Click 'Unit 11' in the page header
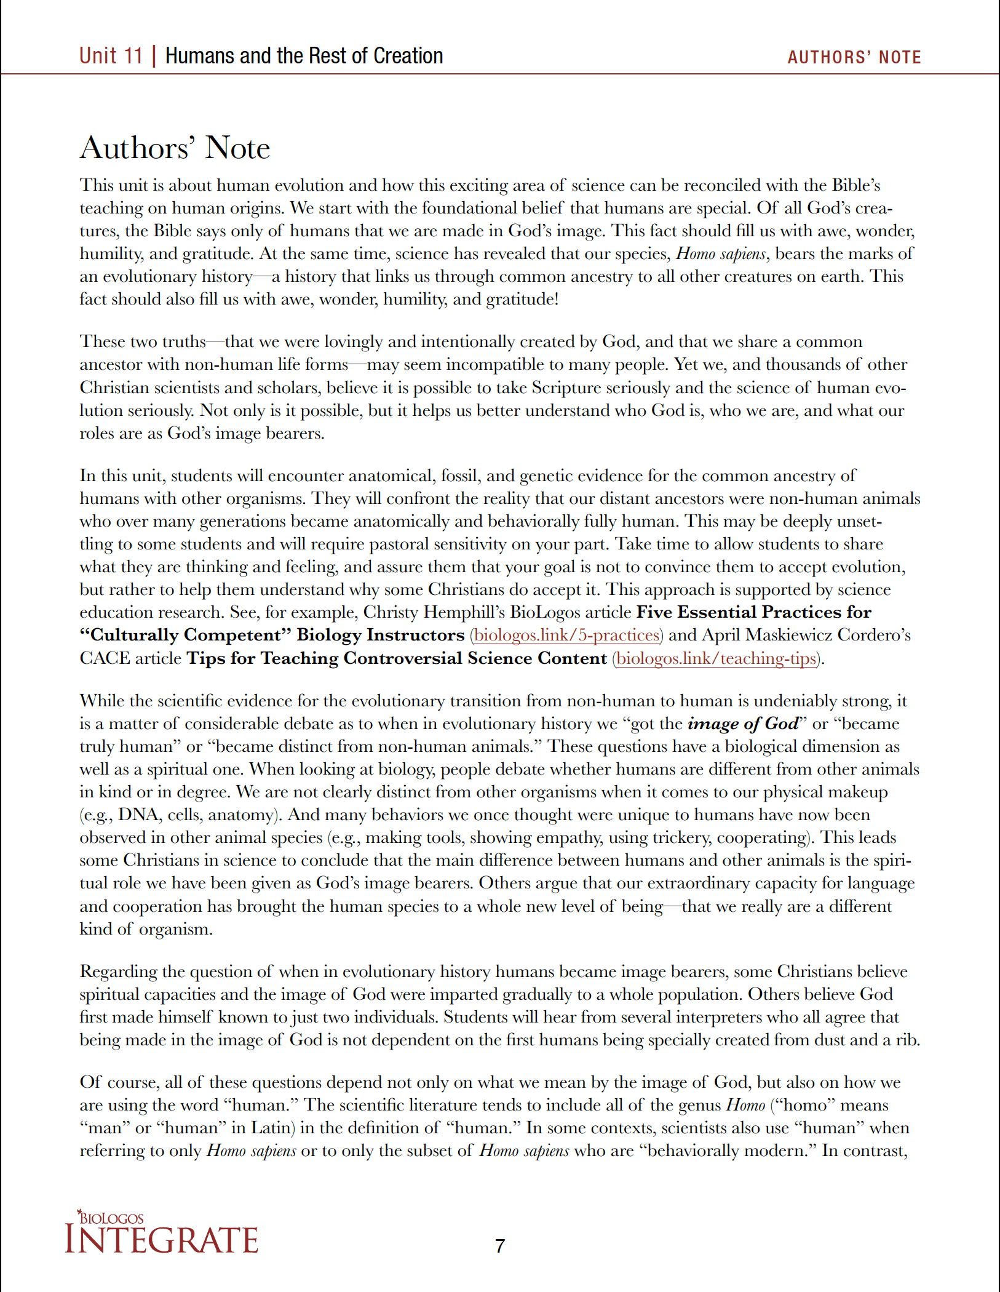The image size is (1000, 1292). [x=111, y=56]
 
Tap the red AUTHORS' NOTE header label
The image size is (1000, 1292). [x=854, y=57]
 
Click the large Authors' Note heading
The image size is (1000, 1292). [x=175, y=148]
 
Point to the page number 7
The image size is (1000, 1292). [x=500, y=1246]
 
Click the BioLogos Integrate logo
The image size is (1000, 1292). [x=162, y=1233]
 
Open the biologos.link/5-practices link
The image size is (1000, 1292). [x=566, y=635]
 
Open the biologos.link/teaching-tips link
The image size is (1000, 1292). [x=716, y=658]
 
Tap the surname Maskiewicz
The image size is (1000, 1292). [x=784, y=635]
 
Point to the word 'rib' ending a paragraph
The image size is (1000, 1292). [x=907, y=1040]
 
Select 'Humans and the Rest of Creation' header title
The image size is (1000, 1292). [x=304, y=56]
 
